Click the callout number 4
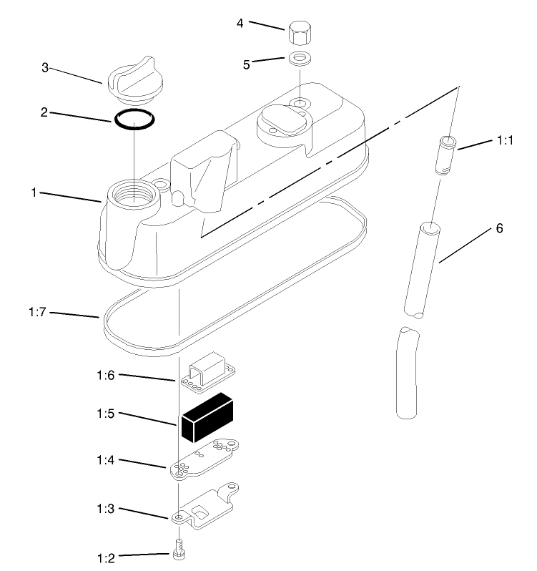[241, 23]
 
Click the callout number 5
[247, 64]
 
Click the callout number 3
[45, 68]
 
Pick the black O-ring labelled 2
[134, 119]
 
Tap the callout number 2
[45, 112]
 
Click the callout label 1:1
[506, 142]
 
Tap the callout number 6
[499, 229]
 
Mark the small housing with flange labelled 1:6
[208, 376]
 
